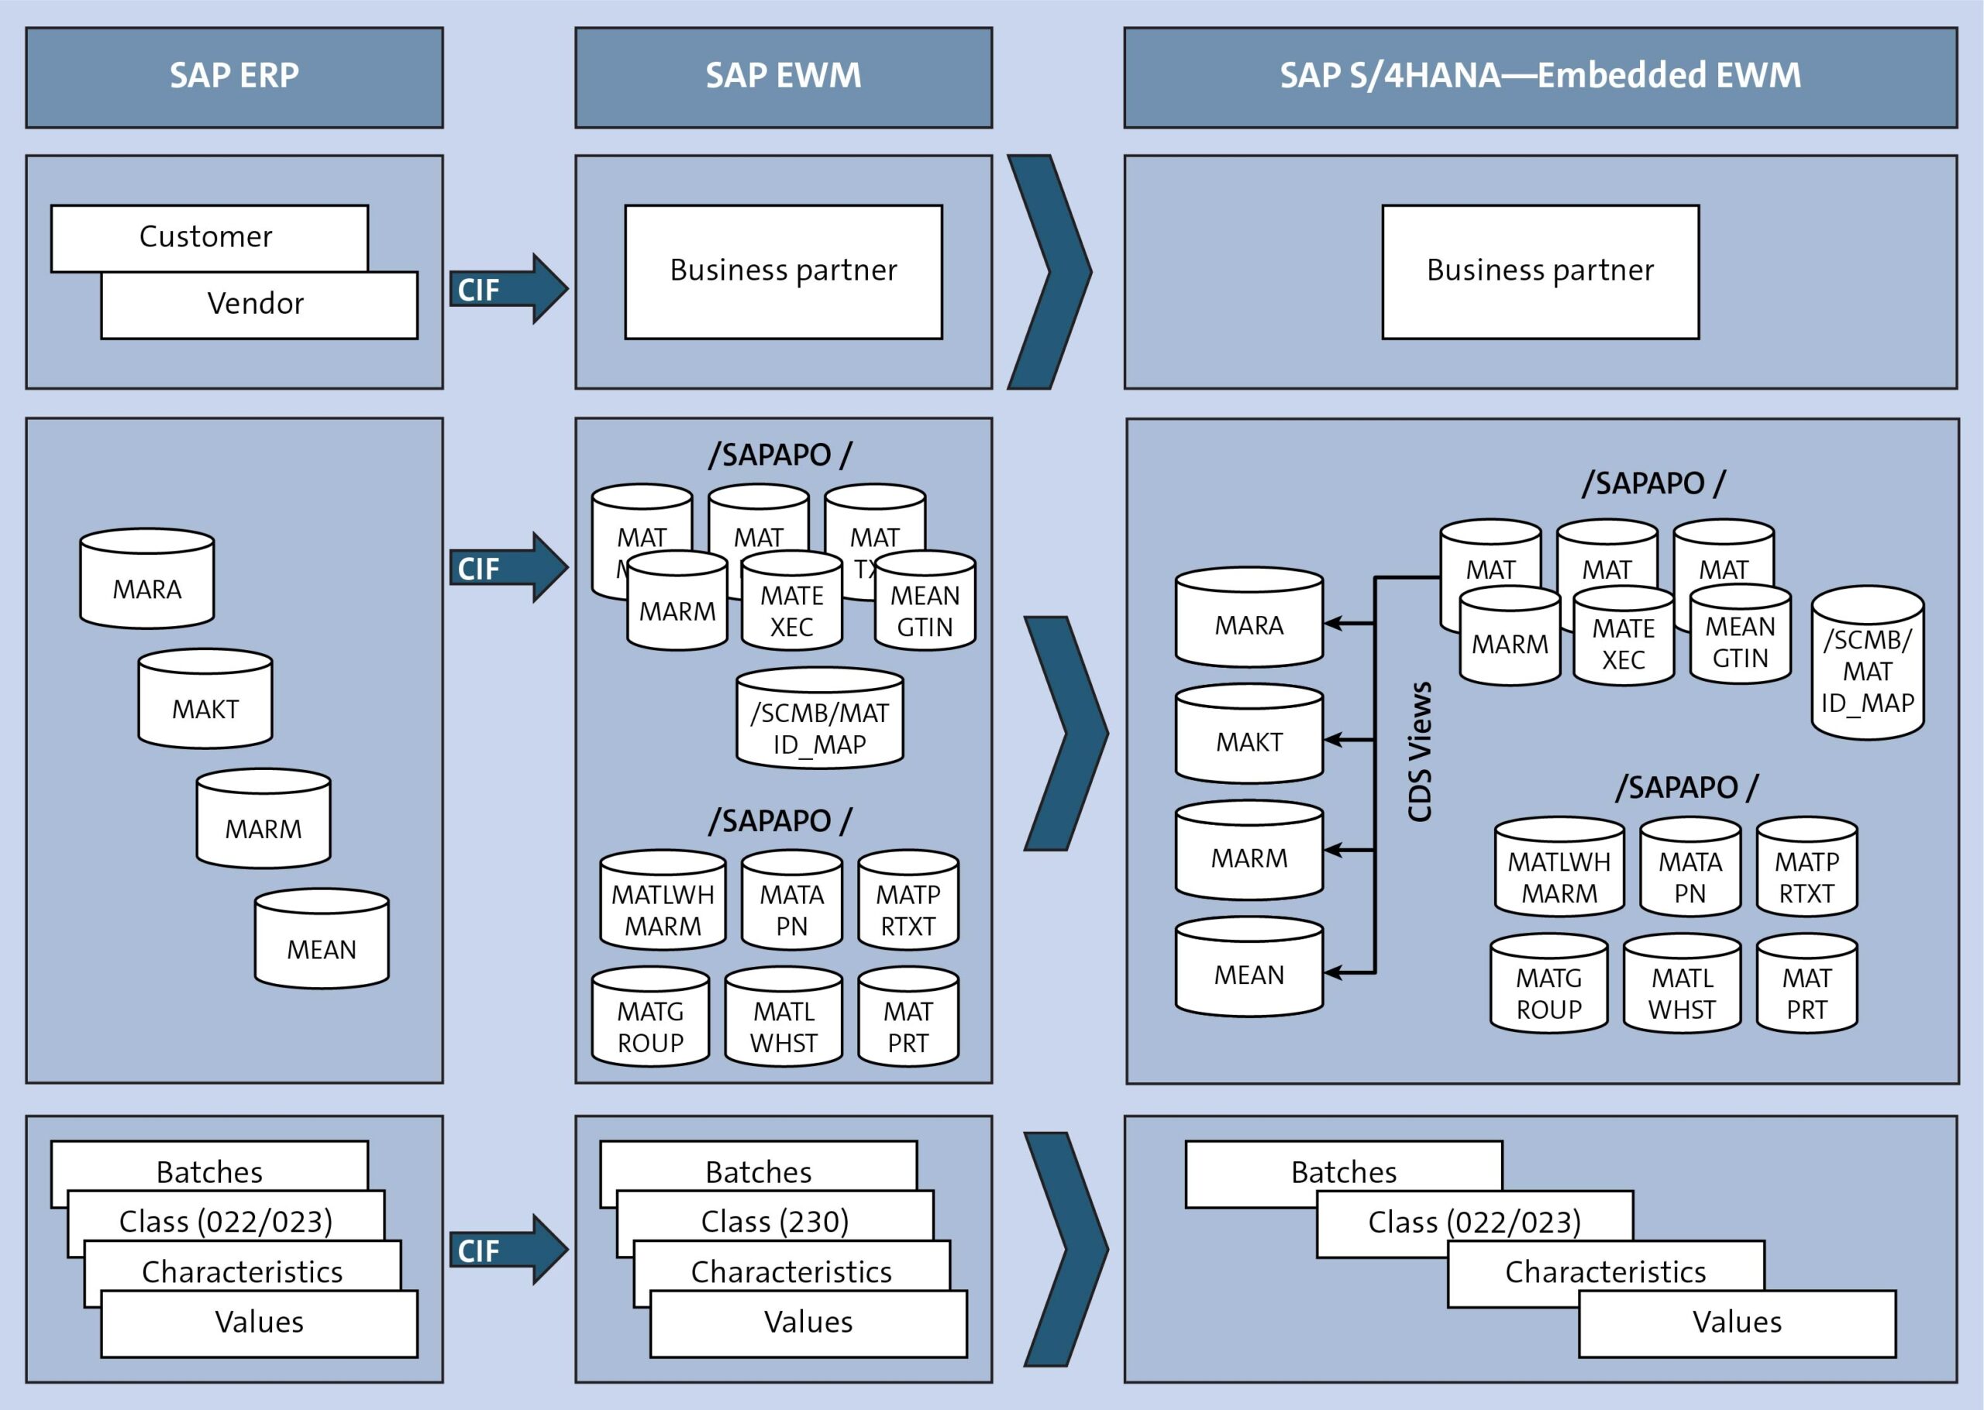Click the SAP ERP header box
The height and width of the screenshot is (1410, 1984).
click(x=233, y=77)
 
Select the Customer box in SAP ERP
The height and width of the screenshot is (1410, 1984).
click(x=206, y=236)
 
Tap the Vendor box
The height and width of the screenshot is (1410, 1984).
click(x=257, y=304)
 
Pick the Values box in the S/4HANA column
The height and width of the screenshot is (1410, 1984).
click(x=1737, y=1322)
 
